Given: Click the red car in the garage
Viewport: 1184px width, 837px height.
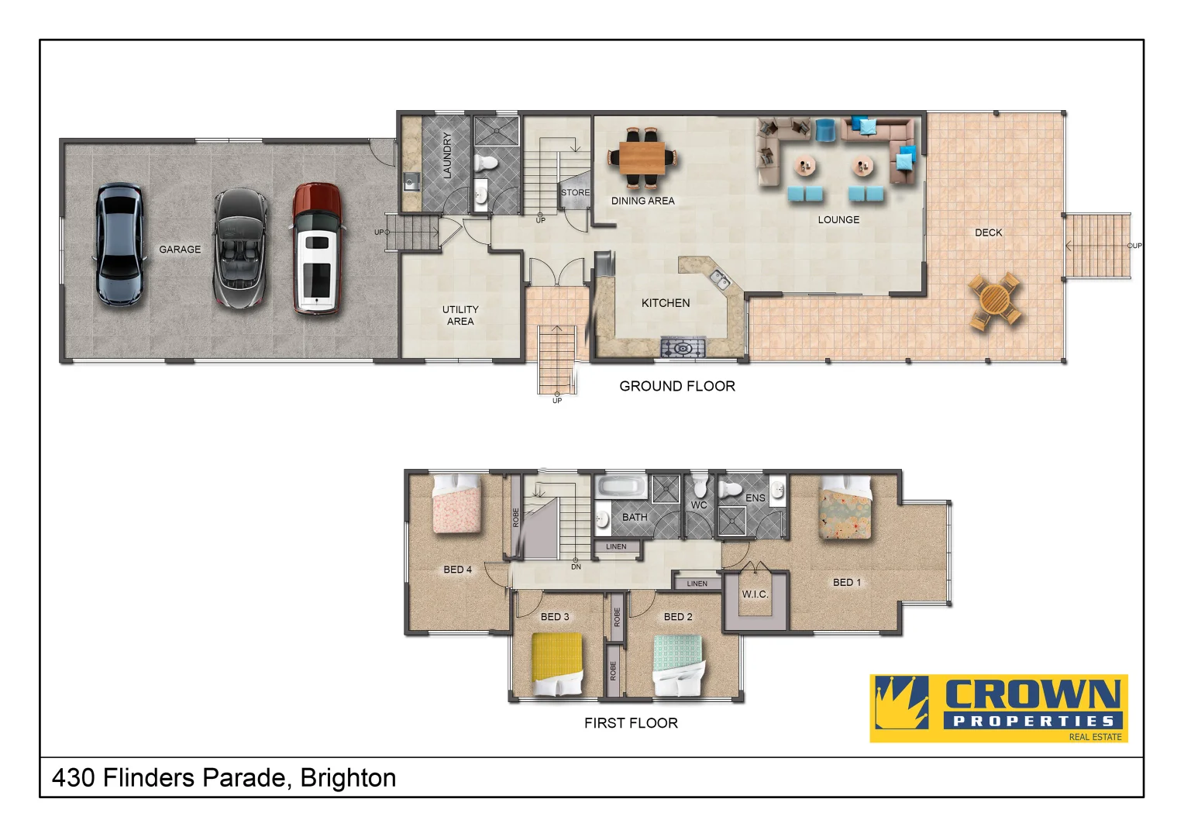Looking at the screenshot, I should coord(316,249).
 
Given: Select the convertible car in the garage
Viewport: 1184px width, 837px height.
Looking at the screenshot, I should coord(240,249).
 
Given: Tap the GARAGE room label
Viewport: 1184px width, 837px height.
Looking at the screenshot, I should coord(180,250).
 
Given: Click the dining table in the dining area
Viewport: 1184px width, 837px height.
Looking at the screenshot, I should coord(642,158).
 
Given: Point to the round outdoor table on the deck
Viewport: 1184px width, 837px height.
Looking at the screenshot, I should coord(995,301).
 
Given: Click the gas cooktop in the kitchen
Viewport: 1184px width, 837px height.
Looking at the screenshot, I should coord(683,348).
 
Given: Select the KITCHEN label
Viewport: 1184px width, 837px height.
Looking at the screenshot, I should coord(665,303).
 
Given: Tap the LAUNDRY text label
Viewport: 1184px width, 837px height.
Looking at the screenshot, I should coord(447,156).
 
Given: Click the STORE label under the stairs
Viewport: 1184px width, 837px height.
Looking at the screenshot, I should coord(575,192).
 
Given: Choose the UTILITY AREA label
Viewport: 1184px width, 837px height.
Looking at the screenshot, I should coord(460,315).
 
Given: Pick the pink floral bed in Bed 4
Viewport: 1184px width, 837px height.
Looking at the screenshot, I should coord(456,504).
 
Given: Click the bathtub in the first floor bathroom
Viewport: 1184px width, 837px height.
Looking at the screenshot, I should coord(620,488).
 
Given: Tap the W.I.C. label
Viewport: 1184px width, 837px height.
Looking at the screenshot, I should coord(755,594).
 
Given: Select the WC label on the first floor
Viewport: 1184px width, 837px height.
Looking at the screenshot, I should coord(699,505).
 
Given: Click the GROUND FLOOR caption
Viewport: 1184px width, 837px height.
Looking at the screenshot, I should coord(676,386).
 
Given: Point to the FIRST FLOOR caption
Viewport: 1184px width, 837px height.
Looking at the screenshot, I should coord(631,723).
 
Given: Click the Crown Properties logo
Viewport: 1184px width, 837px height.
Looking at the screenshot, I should coord(998,708).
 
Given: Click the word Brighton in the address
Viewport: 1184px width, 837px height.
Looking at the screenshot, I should coord(348,777).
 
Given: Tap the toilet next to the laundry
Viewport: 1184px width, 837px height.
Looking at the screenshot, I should coord(487,163).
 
